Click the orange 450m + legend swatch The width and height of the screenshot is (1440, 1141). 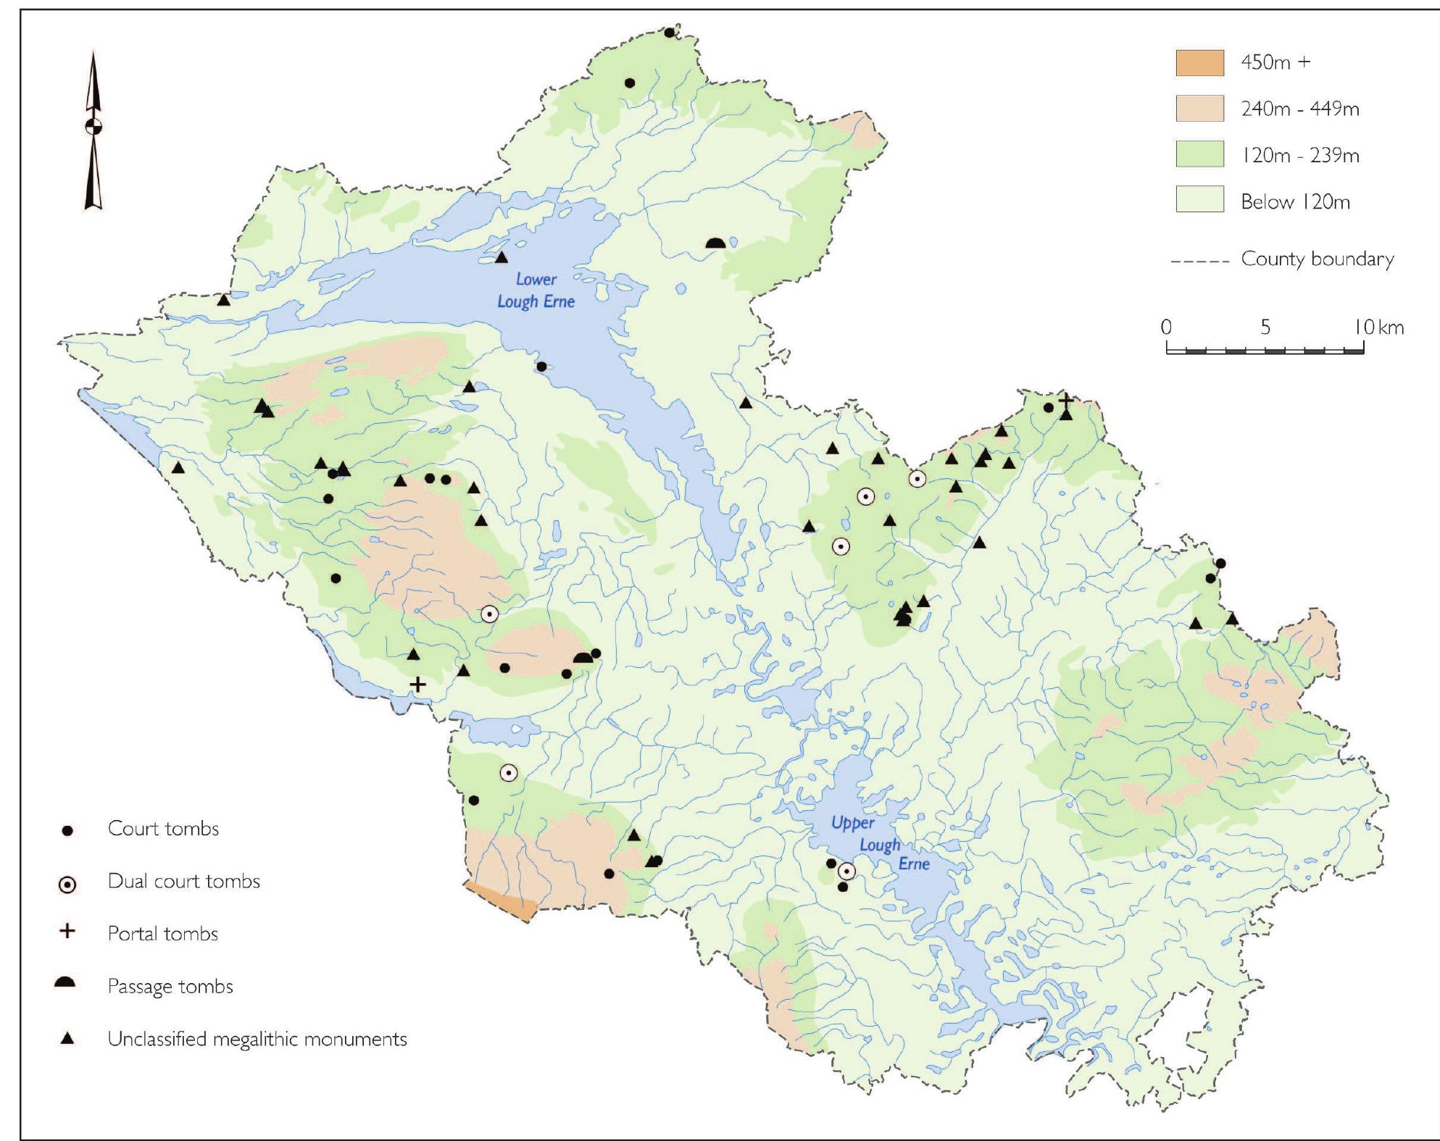click(x=1199, y=63)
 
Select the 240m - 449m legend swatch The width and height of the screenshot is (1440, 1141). click(x=1199, y=109)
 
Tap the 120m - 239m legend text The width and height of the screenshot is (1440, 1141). click(x=1299, y=156)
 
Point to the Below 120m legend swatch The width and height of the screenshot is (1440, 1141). click(x=1199, y=199)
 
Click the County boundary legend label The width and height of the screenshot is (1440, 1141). click(x=1317, y=259)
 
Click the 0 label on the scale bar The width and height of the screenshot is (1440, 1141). click(x=1166, y=327)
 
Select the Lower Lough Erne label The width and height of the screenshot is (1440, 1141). click(x=536, y=290)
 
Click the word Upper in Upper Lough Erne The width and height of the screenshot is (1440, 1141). click(x=852, y=823)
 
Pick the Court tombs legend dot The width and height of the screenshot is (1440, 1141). click(x=67, y=831)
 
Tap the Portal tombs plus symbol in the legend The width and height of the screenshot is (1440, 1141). click(x=67, y=931)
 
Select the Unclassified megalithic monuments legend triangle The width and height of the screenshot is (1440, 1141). click(x=67, y=1039)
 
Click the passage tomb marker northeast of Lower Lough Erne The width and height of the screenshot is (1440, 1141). click(x=715, y=243)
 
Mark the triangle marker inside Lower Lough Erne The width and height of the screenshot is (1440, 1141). click(x=501, y=257)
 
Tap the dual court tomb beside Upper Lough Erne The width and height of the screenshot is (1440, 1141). click(x=846, y=872)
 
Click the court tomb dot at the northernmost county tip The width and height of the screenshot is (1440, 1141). click(x=669, y=33)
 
